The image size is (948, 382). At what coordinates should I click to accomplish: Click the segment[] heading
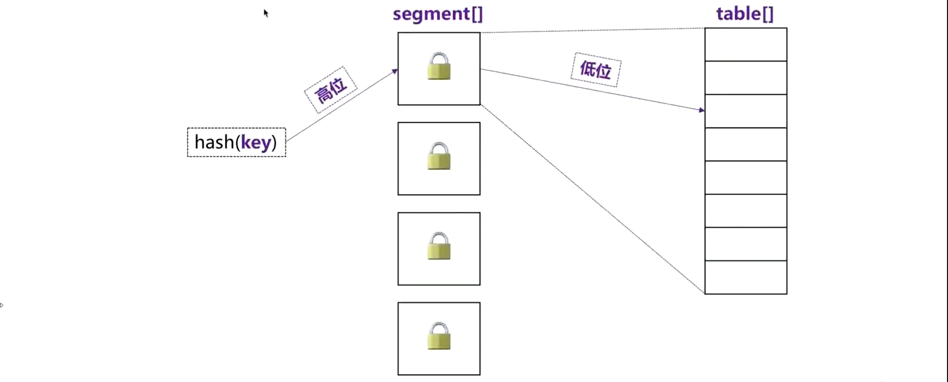tap(438, 14)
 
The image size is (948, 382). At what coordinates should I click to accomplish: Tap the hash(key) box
tap(236, 142)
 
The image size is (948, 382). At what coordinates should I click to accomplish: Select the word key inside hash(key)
tap(256, 142)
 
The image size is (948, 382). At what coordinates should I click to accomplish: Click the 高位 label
tap(330, 90)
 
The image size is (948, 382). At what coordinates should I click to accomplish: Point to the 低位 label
tap(595, 70)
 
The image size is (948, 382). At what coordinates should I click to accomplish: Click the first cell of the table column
tap(746, 45)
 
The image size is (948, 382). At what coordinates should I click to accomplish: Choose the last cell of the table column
tap(746, 277)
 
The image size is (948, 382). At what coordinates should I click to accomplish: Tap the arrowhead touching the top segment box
tap(395, 71)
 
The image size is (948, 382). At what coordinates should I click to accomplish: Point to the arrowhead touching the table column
tap(701, 110)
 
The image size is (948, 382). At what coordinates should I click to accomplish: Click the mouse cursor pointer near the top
tap(266, 13)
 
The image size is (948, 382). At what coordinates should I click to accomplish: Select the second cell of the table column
tap(746, 78)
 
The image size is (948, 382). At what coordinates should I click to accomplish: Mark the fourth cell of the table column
tap(746, 144)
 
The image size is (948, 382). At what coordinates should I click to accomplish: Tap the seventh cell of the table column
tap(746, 244)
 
